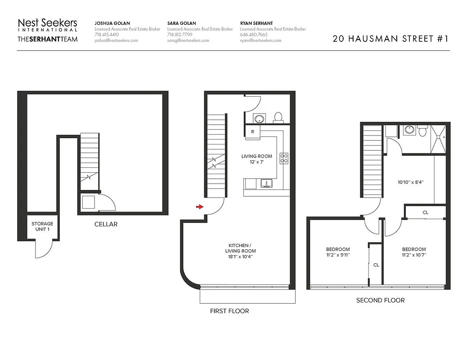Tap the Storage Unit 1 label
click(x=42, y=226)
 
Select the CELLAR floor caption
click(x=106, y=224)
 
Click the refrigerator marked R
click(x=253, y=132)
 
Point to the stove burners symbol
click(x=284, y=158)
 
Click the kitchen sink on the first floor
click(x=267, y=184)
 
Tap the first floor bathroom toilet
click(x=278, y=117)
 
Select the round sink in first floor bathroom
click(x=259, y=119)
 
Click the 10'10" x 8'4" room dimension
click(x=411, y=183)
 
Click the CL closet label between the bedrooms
click(x=376, y=265)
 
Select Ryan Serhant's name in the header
click(x=256, y=23)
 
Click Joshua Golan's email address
click(x=116, y=40)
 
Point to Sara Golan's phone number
click(x=179, y=35)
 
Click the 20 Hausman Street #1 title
click(x=390, y=38)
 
